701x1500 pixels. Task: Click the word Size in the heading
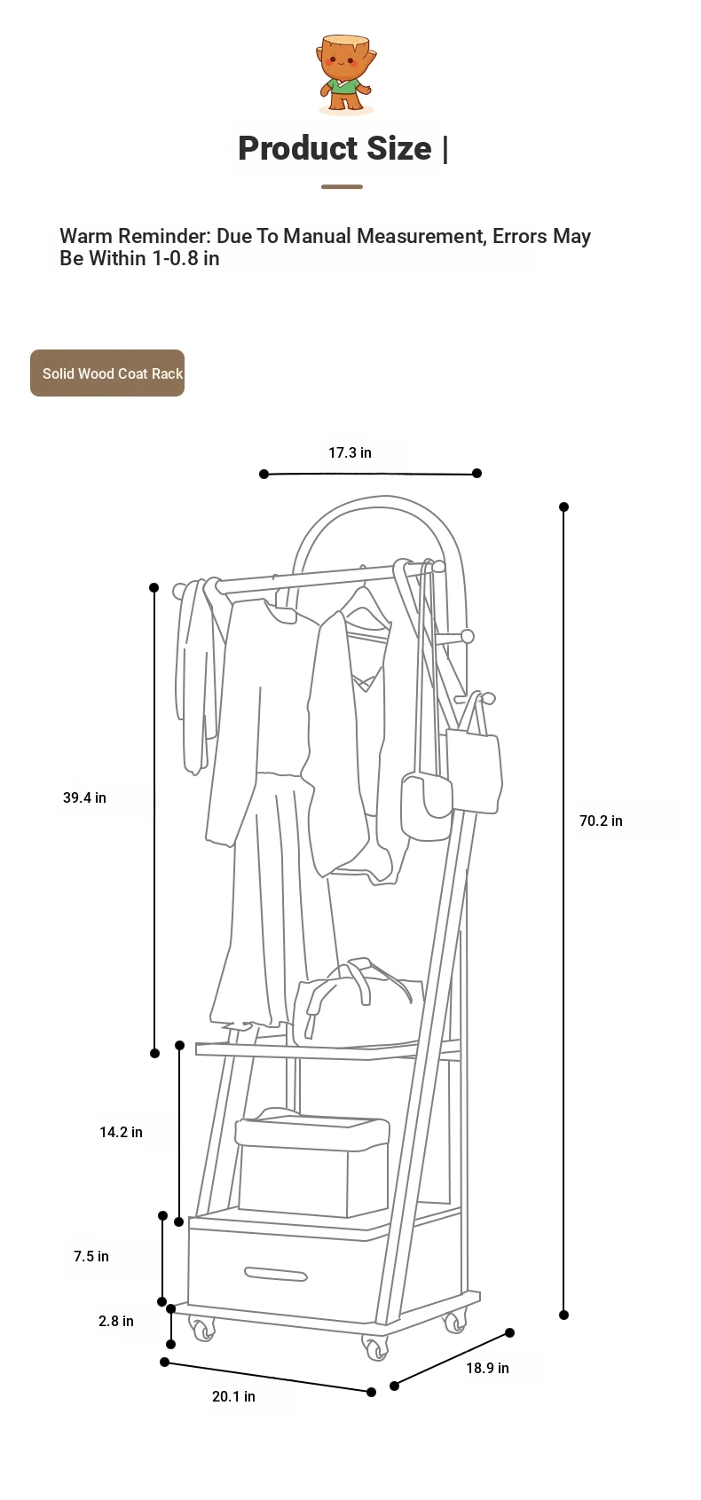point(391,148)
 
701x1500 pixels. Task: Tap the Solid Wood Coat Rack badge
point(107,373)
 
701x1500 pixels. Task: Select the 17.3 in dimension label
point(350,452)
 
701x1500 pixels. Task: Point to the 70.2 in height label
point(601,821)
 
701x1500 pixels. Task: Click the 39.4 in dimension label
point(84,797)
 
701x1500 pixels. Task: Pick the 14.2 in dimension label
point(121,1132)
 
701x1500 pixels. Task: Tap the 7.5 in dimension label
point(91,1256)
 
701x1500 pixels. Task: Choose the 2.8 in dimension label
point(116,1321)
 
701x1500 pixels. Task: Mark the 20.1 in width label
point(233,1396)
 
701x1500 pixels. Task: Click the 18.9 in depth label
point(487,1368)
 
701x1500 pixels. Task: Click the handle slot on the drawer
point(276,1275)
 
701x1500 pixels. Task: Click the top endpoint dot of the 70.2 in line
point(563,507)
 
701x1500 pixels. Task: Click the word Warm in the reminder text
point(86,236)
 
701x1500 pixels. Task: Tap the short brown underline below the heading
point(342,187)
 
